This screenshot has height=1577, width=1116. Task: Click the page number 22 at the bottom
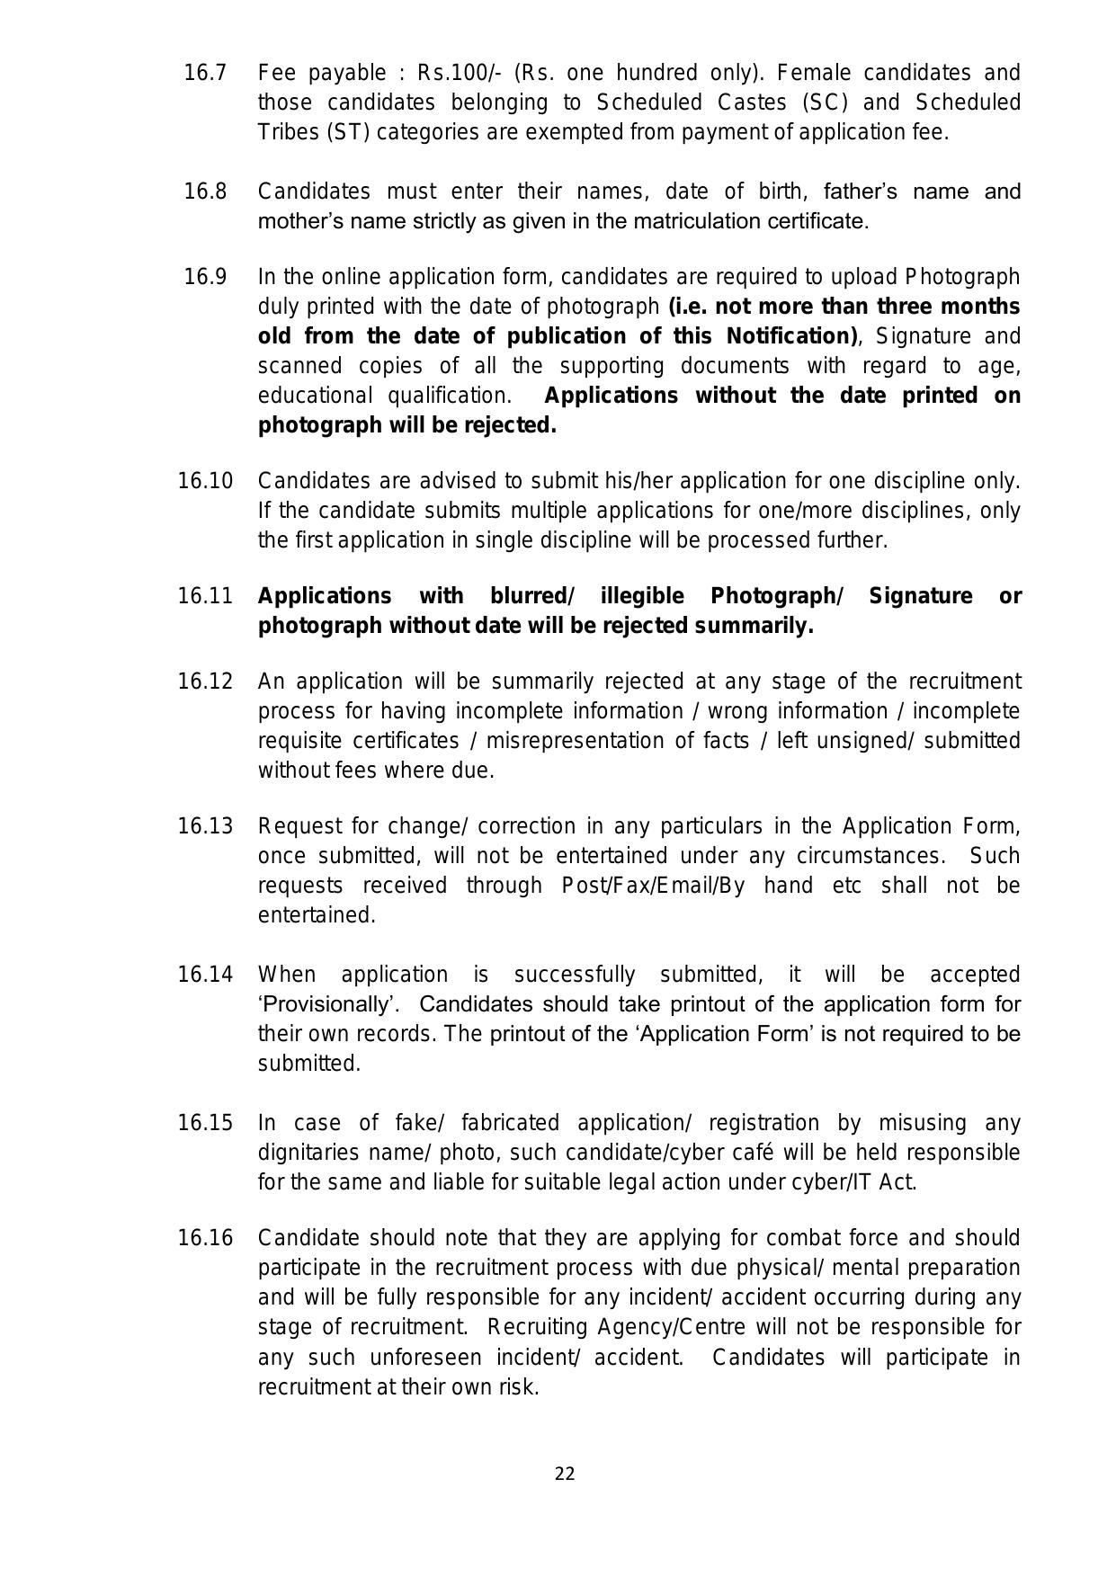pyautogui.click(x=565, y=1474)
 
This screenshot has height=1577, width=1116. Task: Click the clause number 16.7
pyautogui.click(x=205, y=73)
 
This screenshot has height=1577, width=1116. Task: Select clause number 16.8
pyautogui.click(x=205, y=192)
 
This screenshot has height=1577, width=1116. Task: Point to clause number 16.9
pyautogui.click(x=205, y=277)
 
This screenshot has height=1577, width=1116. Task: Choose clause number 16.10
pyautogui.click(x=205, y=481)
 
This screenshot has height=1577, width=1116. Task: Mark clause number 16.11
pyautogui.click(x=205, y=596)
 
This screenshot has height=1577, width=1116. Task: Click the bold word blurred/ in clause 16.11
pyautogui.click(x=532, y=596)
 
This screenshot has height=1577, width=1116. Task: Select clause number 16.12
pyautogui.click(x=205, y=682)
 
